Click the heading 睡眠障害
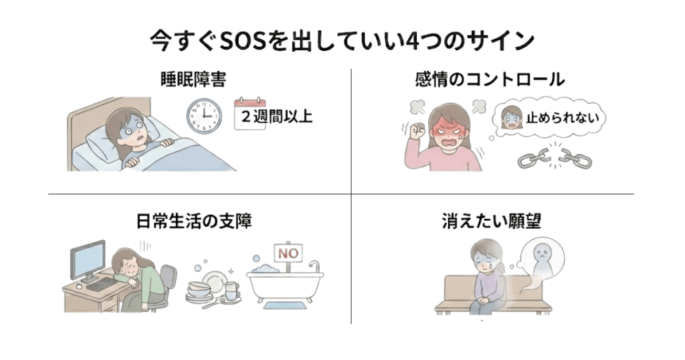[x=193, y=80]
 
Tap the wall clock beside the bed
[x=203, y=115]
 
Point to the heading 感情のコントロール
[x=490, y=80]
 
